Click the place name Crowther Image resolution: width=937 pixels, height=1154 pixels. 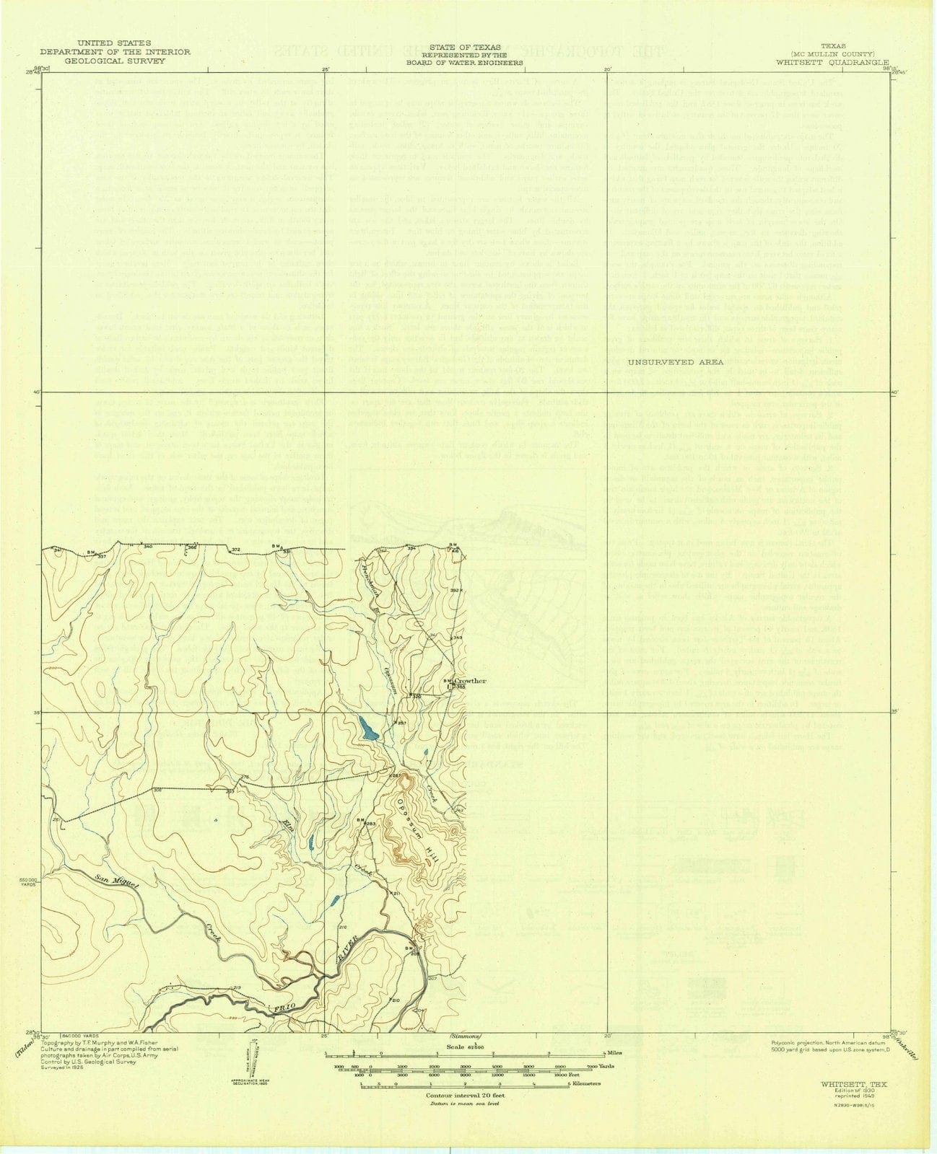pyautogui.click(x=471, y=681)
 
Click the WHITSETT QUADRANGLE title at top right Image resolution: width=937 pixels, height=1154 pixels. pyautogui.click(x=832, y=63)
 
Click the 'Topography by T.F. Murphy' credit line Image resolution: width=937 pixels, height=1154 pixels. pyautogui.click(x=90, y=1043)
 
